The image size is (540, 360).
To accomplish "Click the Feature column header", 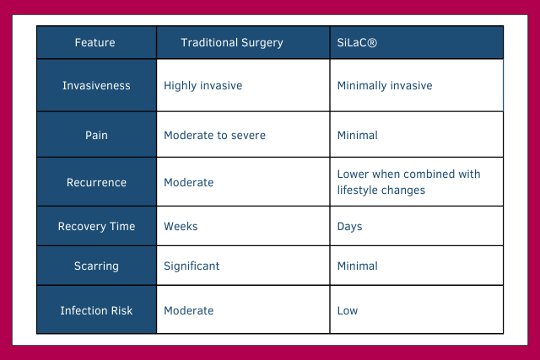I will tap(95, 42).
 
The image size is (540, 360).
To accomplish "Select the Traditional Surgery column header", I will tap(232, 42).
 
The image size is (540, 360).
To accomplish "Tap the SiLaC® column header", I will tap(357, 42).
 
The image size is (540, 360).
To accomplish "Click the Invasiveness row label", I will tap(96, 86).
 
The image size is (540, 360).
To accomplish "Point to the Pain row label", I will tap(96, 135).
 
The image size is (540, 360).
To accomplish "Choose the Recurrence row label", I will tap(96, 182).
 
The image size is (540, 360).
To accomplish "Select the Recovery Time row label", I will tap(96, 227).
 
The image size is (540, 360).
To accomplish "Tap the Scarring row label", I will tap(96, 266).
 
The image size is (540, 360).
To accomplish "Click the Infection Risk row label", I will tap(96, 310).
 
